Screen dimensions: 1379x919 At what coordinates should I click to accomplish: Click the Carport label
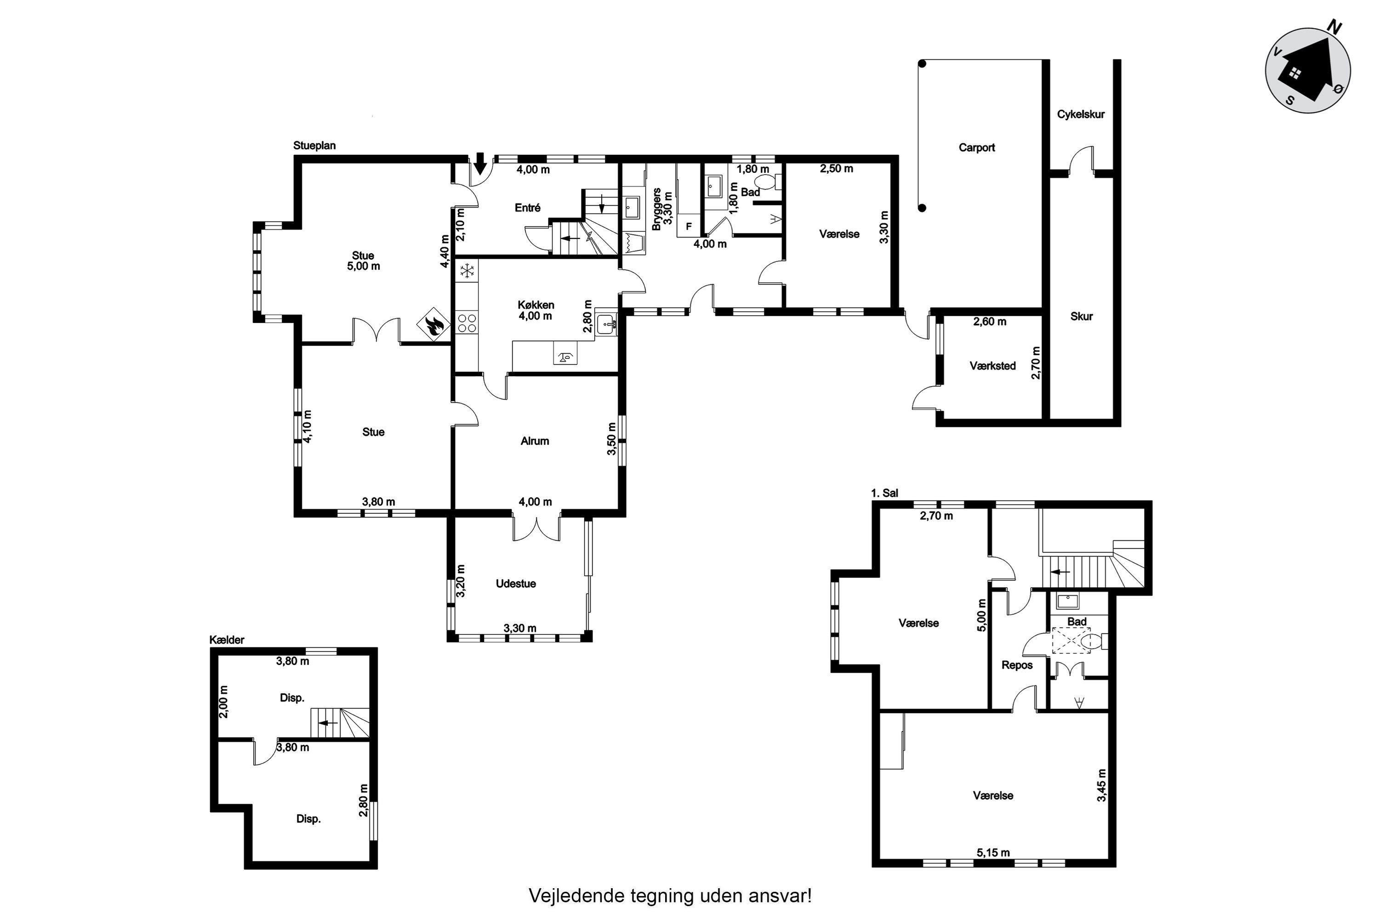pyautogui.click(x=977, y=147)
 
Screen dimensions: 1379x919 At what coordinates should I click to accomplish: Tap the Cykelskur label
pyautogui.click(x=1081, y=114)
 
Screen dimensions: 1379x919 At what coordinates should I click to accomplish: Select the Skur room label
pyautogui.click(x=1081, y=317)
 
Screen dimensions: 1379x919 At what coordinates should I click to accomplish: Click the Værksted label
pyautogui.click(x=992, y=366)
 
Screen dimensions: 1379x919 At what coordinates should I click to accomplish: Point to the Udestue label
pyautogui.click(x=516, y=584)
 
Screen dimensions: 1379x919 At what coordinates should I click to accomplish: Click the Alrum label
pyautogui.click(x=535, y=441)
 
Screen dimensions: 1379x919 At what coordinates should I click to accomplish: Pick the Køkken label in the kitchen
pyautogui.click(x=536, y=305)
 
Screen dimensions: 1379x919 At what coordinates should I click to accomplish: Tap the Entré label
pyautogui.click(x=528, y=208)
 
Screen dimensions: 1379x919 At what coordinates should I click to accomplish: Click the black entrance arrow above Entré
pyautogui.click(x=480, y=164)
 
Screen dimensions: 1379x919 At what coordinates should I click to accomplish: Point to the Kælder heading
pyautogui.click(x=227, y=640)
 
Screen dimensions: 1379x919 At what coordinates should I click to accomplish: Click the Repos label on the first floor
pyautogui.click(x=1017, y=665)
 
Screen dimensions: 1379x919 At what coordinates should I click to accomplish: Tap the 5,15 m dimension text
pyautogui.click(x=993, y=852)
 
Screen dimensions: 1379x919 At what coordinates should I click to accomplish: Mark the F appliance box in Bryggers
pyautogui.click(x=689, y=226)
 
